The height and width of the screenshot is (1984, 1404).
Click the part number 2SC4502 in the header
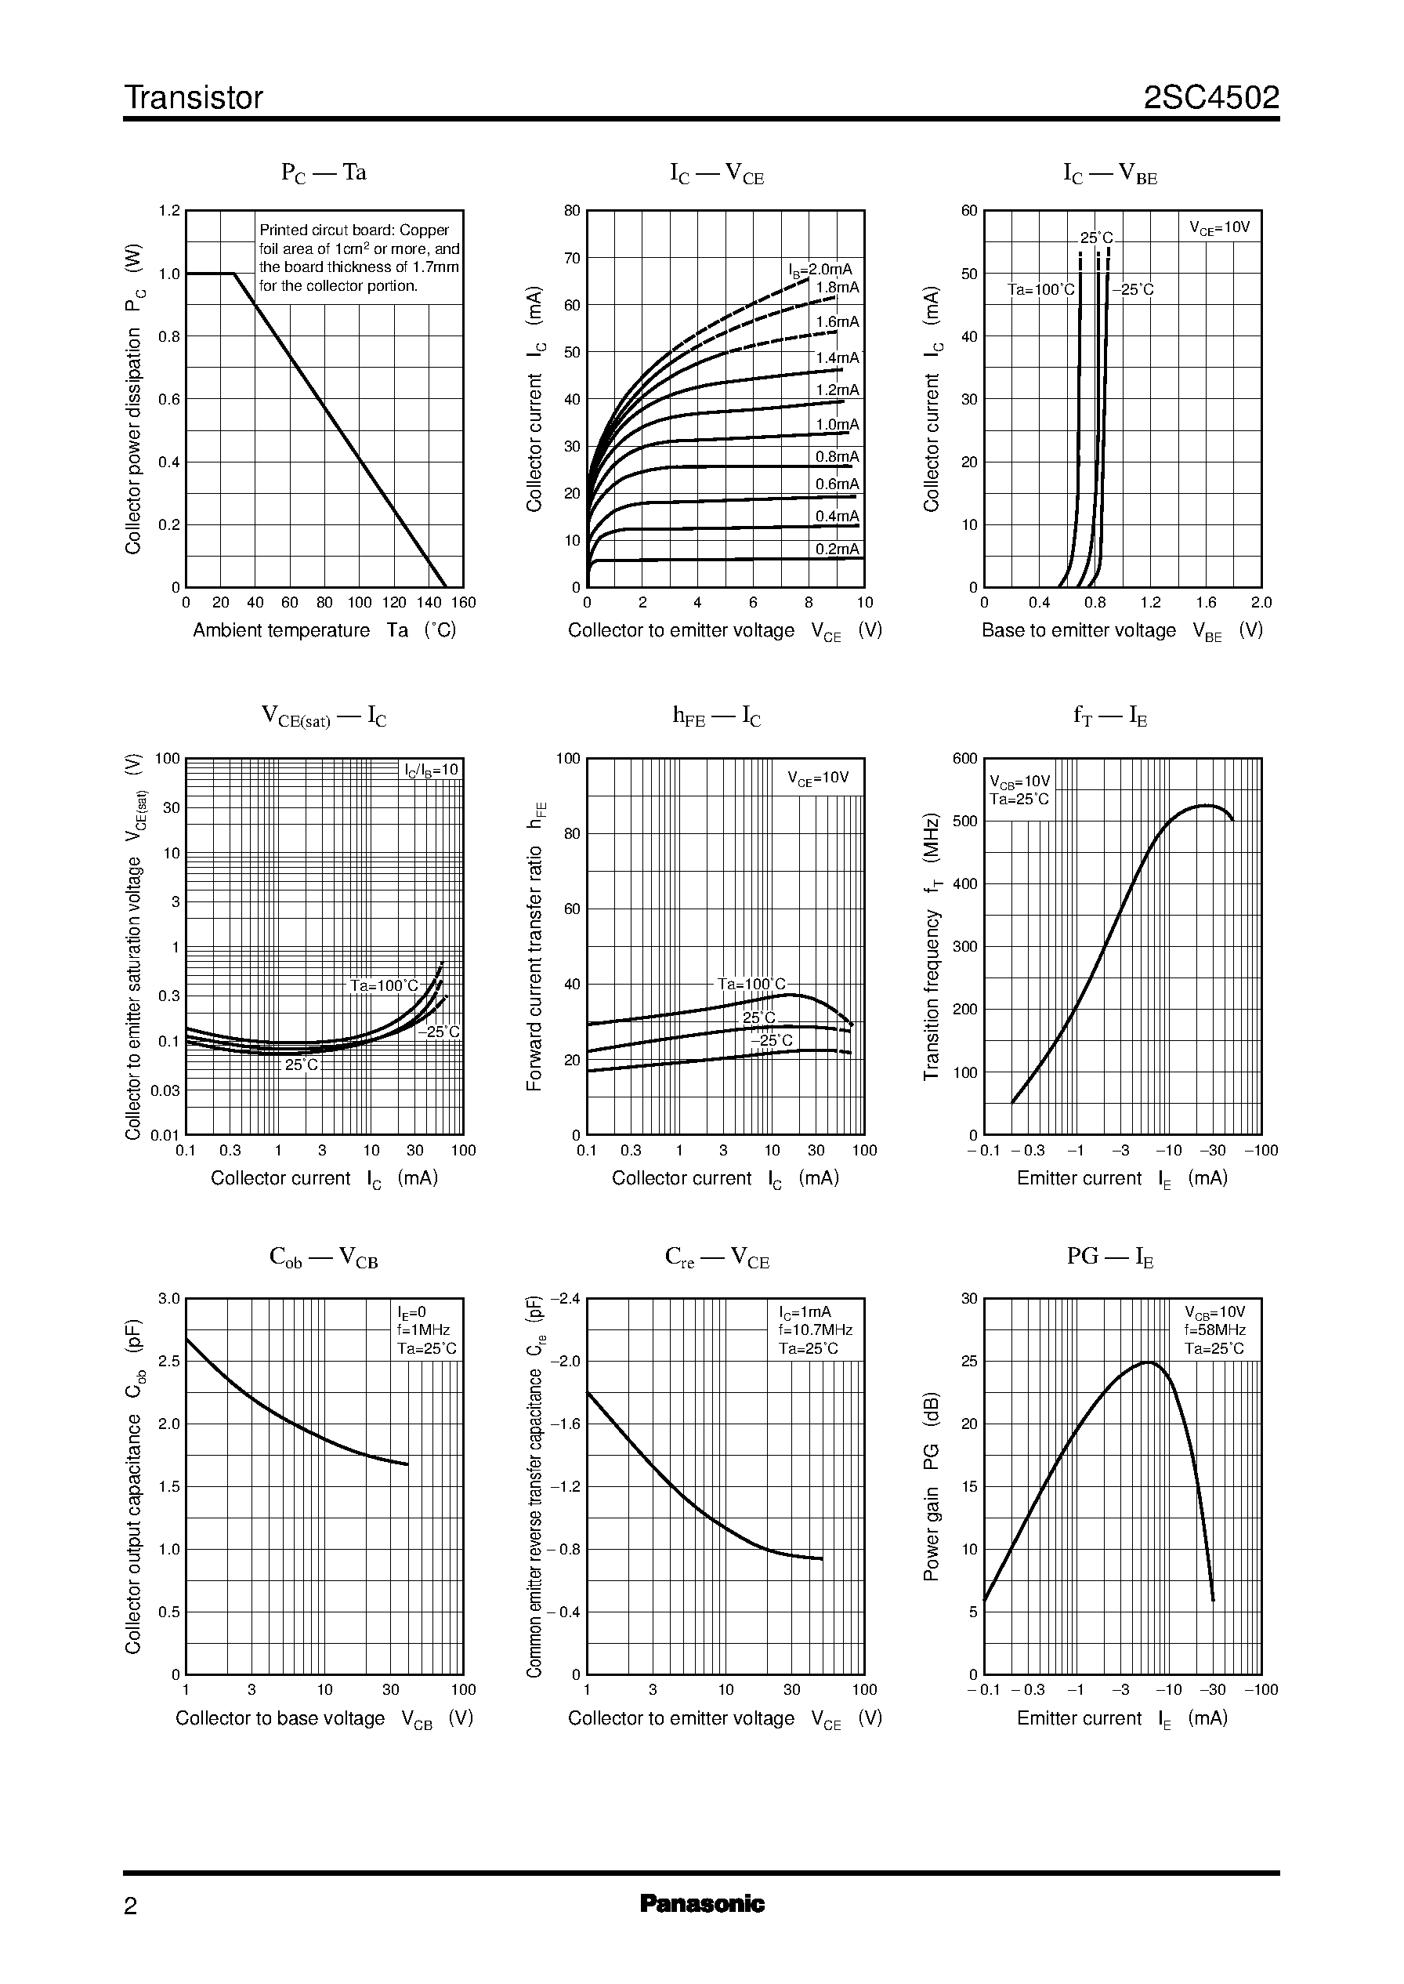tap(1210, 98)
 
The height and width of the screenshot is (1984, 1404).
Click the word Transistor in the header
tap(193, 98)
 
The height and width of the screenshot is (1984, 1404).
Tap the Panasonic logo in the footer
tap(701, 1903)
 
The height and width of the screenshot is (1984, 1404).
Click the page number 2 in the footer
tap(131, 1906)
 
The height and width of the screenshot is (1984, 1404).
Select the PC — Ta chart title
tap(324, 173)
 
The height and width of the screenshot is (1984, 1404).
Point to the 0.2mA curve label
tap(837, 549)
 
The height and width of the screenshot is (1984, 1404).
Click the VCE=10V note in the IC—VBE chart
tap(1219, 228)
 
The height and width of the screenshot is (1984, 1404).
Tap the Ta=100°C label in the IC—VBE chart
tap(1041, 290)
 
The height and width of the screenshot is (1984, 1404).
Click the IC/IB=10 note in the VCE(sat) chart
tap(432, 770)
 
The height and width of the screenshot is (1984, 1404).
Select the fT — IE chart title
tap(1109, 716)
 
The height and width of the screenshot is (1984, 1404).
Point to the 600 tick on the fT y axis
tap(964, 759)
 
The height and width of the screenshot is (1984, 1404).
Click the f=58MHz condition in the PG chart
tap(1214, 1330)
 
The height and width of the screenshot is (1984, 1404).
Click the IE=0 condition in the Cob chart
tap(411, 1312)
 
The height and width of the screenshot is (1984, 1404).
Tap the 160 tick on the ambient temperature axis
tap(463, 603)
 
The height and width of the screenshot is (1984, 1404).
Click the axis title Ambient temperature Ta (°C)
tap(324, 630)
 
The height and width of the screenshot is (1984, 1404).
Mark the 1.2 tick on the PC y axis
tap(169, 211)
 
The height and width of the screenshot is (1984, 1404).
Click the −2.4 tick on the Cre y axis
tap(563, 1298)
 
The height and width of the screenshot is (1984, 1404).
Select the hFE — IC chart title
tap(716, 716)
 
